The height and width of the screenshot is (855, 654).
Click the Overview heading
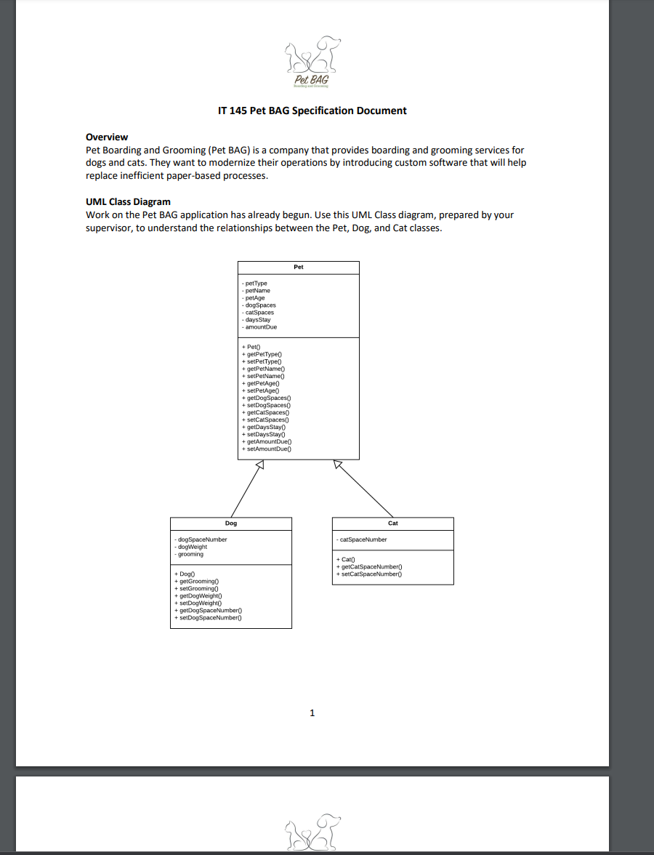pos(107,137)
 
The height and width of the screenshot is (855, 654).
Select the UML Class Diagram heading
pos(128,201)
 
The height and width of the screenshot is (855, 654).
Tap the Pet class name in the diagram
pos(299,267)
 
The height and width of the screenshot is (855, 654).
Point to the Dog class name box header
pos(231,523)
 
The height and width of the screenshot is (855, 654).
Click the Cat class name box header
pos(393,523)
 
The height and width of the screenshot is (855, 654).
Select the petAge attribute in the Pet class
pos(255,298)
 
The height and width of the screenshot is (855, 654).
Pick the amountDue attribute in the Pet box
pos(262,327)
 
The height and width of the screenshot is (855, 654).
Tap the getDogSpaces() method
pos(268,398)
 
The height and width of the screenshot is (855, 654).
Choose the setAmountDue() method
pos(269,449)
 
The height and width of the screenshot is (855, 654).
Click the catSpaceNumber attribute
pos(363,539)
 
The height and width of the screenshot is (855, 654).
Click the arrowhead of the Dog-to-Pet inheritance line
pos(258,465)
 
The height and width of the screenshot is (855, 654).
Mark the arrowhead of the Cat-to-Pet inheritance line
pos(338,465)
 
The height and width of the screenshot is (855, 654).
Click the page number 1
pos(312,713)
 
